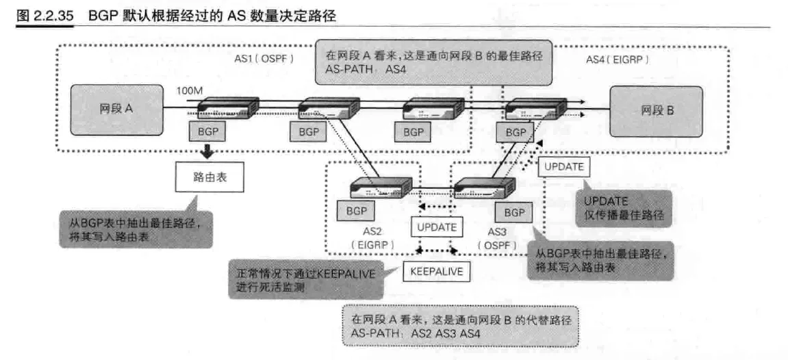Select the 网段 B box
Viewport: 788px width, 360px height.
click(656, 110)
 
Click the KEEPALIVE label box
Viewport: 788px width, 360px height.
click(436, 271)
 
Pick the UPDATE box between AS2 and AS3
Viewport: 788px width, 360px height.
click(436, 225)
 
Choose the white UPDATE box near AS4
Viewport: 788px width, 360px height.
click(563, 167)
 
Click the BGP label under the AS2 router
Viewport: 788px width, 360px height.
click(356, 211)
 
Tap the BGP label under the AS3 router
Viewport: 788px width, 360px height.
click(513, 213)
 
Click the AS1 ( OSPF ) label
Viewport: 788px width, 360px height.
click(264, 60)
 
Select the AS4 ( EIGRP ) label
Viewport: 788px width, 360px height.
click(618, 60)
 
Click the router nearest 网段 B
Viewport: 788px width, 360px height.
click(536, 108)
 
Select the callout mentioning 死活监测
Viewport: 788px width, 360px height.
click(305, 277)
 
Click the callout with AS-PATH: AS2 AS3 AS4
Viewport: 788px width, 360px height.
click(459, 326)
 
